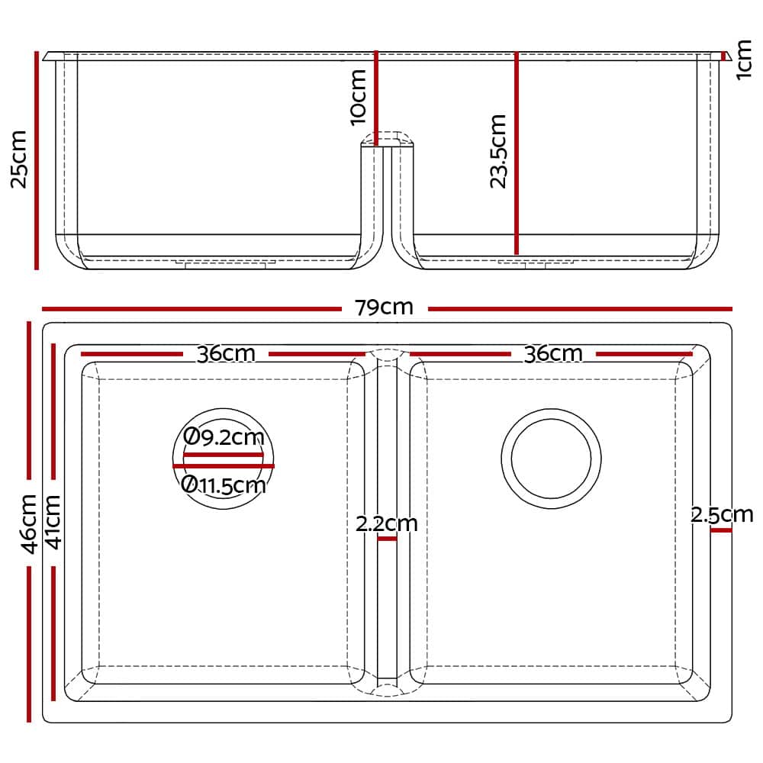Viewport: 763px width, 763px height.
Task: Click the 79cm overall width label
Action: click(384, 307)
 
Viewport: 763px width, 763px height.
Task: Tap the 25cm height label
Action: click(20, 159)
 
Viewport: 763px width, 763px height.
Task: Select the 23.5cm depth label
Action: click(498, 151)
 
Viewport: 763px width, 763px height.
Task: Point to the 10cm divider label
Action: click(358, 98)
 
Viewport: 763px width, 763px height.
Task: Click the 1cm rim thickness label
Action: click(743, 60)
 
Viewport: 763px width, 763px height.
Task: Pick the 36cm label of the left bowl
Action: click(226, 354)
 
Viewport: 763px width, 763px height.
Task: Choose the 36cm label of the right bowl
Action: click(553, 354)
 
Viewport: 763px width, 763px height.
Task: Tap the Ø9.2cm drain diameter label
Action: click(224, 437)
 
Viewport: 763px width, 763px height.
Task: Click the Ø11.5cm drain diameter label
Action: click(224, 485)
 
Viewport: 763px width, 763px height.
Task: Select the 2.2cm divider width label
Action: click(387, 523)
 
